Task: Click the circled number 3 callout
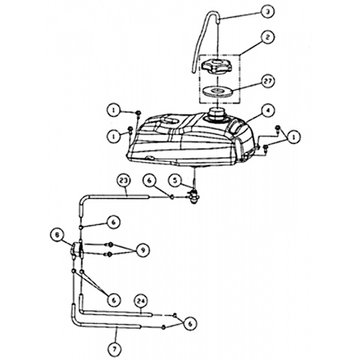tap(267, 12)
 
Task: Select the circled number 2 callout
tap(267, 37)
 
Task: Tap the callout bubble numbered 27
tap(267, 81)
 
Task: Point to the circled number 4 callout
tap(268, 111)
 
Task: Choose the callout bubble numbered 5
tap(175, 180)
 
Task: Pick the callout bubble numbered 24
tap(141, 301)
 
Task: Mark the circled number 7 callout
tap(114, 349)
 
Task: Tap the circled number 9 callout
tap(142, 250)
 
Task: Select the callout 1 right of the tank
tap(293, 137)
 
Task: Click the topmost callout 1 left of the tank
tap(114, 110)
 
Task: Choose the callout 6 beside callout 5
tap(150, 180)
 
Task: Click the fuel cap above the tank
tap(217, 66)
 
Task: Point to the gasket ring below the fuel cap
tap(217, 91)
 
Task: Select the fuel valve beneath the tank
tap(193, 196)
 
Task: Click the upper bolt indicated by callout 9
tap(109, 244)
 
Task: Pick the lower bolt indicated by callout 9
tap(109, 254)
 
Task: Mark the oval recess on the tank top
tap(170, 121)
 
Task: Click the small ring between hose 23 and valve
tap(172, 197)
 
